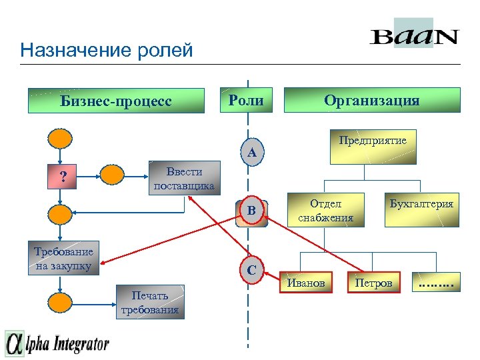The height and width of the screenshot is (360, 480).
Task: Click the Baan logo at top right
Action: [x=414, y=35]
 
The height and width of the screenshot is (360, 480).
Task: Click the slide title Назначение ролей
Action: [x=107, y=50]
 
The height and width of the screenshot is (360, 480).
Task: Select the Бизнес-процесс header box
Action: [x=116, y=101]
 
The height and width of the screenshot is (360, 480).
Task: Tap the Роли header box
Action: [x=246, y=101]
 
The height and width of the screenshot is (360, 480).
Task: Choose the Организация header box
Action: [x=372, y=101]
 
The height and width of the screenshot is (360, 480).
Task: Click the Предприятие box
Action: [x=373, y=146]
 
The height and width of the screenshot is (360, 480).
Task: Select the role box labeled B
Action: [x=251, y=211]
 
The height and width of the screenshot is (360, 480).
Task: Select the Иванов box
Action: [x=305, y=283]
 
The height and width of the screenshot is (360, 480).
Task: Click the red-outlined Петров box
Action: [x=374, y=283]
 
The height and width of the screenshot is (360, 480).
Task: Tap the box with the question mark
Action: [x=63, y=177]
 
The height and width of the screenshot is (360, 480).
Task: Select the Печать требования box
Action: [x=150, y=302]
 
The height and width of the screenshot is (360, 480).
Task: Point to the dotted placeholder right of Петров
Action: [x=435, y=283]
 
